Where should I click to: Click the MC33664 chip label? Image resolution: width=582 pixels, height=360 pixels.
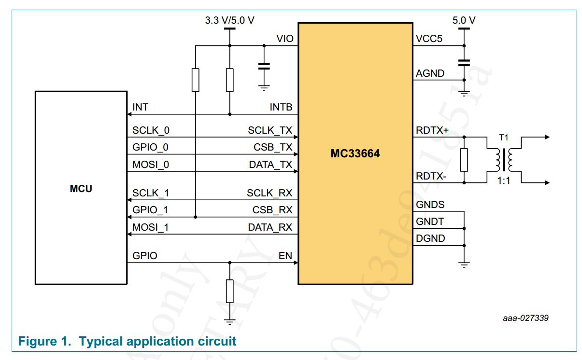coord(355,154)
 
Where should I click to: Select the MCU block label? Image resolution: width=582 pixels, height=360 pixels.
coord(81,189)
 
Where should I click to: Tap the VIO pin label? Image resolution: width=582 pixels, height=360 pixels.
coord(284,39)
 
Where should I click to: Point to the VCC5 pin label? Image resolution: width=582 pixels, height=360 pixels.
coord(429,39)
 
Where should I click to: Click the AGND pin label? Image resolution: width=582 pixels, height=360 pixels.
coord(430,74)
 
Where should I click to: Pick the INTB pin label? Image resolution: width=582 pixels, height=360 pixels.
coord(281,107)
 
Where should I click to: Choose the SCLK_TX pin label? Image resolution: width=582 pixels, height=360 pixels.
coord(270,130)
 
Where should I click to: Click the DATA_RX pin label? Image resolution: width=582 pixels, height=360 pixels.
coord(270,227)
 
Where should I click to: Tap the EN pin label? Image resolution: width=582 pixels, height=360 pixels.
coord(285,256)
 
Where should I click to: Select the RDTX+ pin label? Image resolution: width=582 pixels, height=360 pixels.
coord(432,130)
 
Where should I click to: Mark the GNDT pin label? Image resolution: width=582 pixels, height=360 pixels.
coord(430,222)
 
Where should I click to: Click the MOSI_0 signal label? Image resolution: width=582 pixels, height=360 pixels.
coord(151,165)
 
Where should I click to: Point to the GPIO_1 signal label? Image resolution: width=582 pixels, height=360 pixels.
coord(150,210)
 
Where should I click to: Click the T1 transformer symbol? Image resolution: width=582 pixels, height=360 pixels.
coord(504,160)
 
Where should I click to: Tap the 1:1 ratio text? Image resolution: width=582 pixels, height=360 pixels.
coord(504,183)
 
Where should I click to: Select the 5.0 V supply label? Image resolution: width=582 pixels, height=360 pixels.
coord(464,20)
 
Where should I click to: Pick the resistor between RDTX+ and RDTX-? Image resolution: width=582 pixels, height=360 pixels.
coord(464,160)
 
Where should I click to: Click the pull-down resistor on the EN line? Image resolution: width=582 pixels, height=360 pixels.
coord(230,291)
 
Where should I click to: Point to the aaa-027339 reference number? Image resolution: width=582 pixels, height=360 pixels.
coord(525,318)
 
